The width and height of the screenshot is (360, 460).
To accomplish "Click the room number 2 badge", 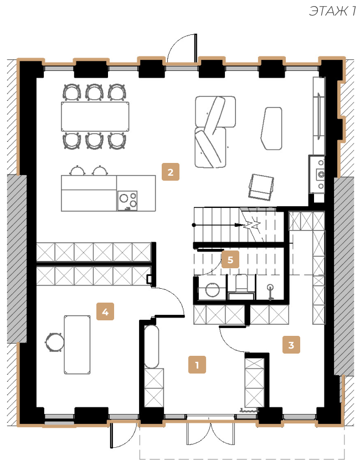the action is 171,172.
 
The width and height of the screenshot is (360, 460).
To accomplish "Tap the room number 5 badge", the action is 230,259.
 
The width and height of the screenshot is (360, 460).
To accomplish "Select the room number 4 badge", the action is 105,311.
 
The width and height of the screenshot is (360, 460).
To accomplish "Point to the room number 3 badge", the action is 291,345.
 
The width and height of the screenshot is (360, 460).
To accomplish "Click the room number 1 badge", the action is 197,365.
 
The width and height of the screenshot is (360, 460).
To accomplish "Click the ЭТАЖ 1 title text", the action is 332,11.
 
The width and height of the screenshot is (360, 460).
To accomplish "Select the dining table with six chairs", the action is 95,116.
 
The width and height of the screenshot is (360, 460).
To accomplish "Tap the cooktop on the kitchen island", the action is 127,201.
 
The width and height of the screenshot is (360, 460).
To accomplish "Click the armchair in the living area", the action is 261,187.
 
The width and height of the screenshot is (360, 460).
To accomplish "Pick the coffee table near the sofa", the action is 271,128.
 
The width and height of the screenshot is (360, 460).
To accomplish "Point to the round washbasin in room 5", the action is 212,290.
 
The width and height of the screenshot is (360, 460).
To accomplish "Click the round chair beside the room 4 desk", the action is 54,342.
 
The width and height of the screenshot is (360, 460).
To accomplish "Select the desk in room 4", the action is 77,345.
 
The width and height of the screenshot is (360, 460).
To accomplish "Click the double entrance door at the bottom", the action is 211,430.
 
